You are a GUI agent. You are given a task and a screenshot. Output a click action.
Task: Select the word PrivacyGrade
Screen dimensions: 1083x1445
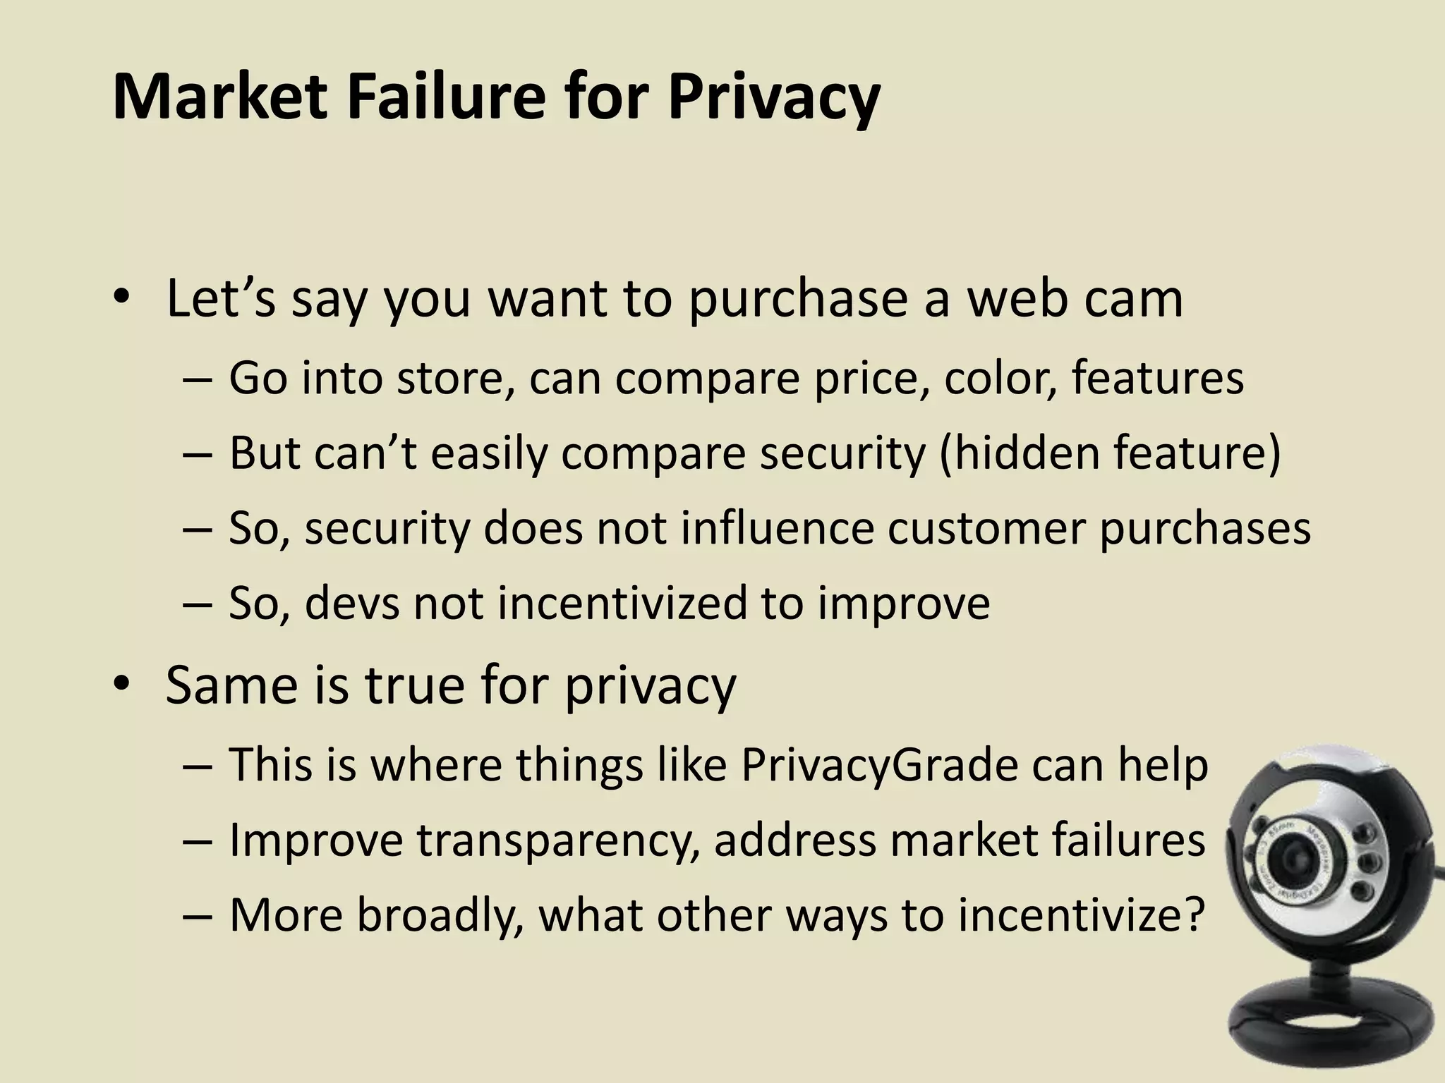879,764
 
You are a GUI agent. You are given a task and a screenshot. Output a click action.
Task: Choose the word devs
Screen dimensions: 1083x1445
352,604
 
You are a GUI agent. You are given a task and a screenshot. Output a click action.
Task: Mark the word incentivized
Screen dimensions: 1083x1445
622,604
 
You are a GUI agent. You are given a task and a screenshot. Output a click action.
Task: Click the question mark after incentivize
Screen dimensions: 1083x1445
1191,915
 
